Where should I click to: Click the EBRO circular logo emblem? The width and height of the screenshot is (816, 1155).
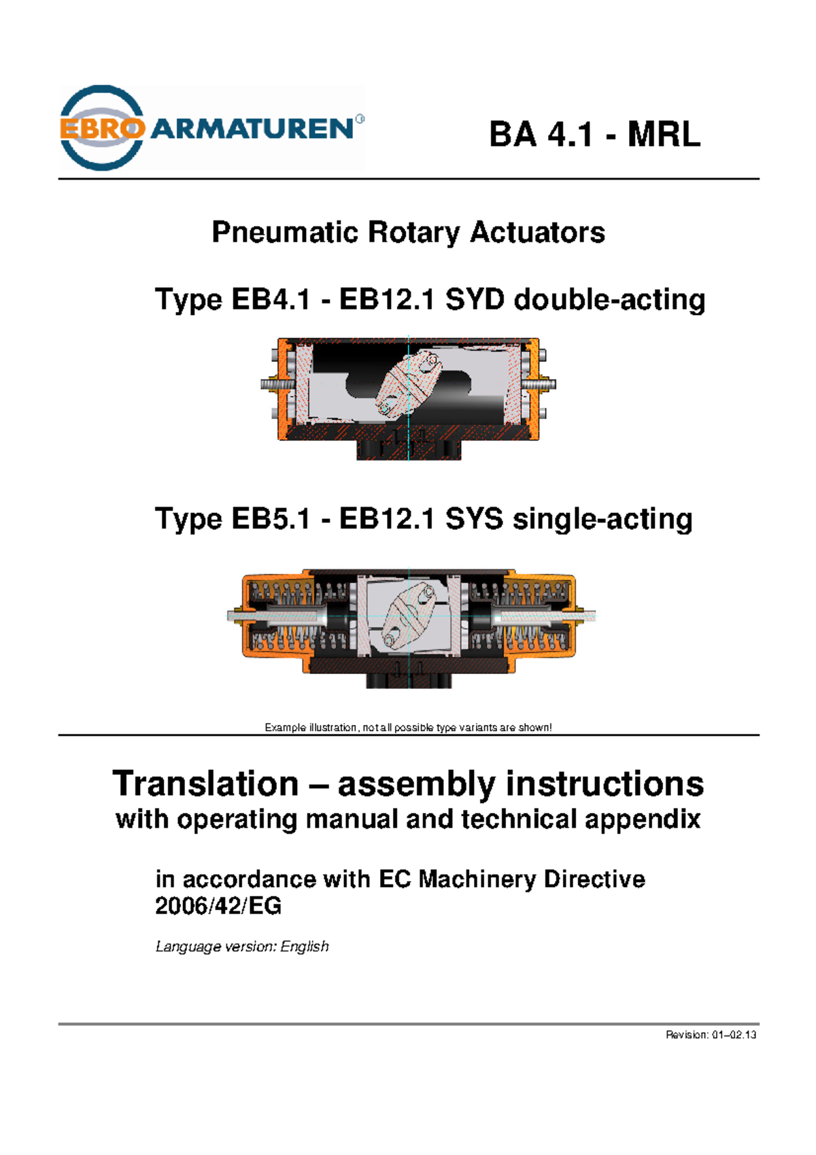(x=102, y=128)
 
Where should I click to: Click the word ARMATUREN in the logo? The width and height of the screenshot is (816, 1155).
(x=252, y=128)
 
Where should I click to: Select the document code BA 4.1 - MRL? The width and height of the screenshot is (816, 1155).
(x=594, y=134)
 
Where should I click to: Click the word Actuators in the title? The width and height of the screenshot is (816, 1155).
(x=537, y=233)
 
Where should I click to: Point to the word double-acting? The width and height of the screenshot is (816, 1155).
(x=609, y=300)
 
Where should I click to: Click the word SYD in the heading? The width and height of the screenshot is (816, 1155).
(x=475, y=300)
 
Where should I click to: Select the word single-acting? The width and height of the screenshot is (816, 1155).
(x=602, y=520)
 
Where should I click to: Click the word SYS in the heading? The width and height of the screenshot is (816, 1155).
(x=474, y=520)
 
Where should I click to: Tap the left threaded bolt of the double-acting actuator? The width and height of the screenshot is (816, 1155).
(x=275, y=384)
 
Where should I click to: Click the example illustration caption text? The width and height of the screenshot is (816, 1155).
(x=408, y=728)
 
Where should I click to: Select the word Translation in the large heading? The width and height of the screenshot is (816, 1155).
(x=205, y=784)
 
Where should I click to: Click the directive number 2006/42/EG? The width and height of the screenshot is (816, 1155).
(x=218, y=907)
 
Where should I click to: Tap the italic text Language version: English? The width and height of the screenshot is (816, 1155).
(x=242, y=947)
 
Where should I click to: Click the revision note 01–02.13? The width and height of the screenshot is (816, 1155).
(x=711, y=1035)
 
